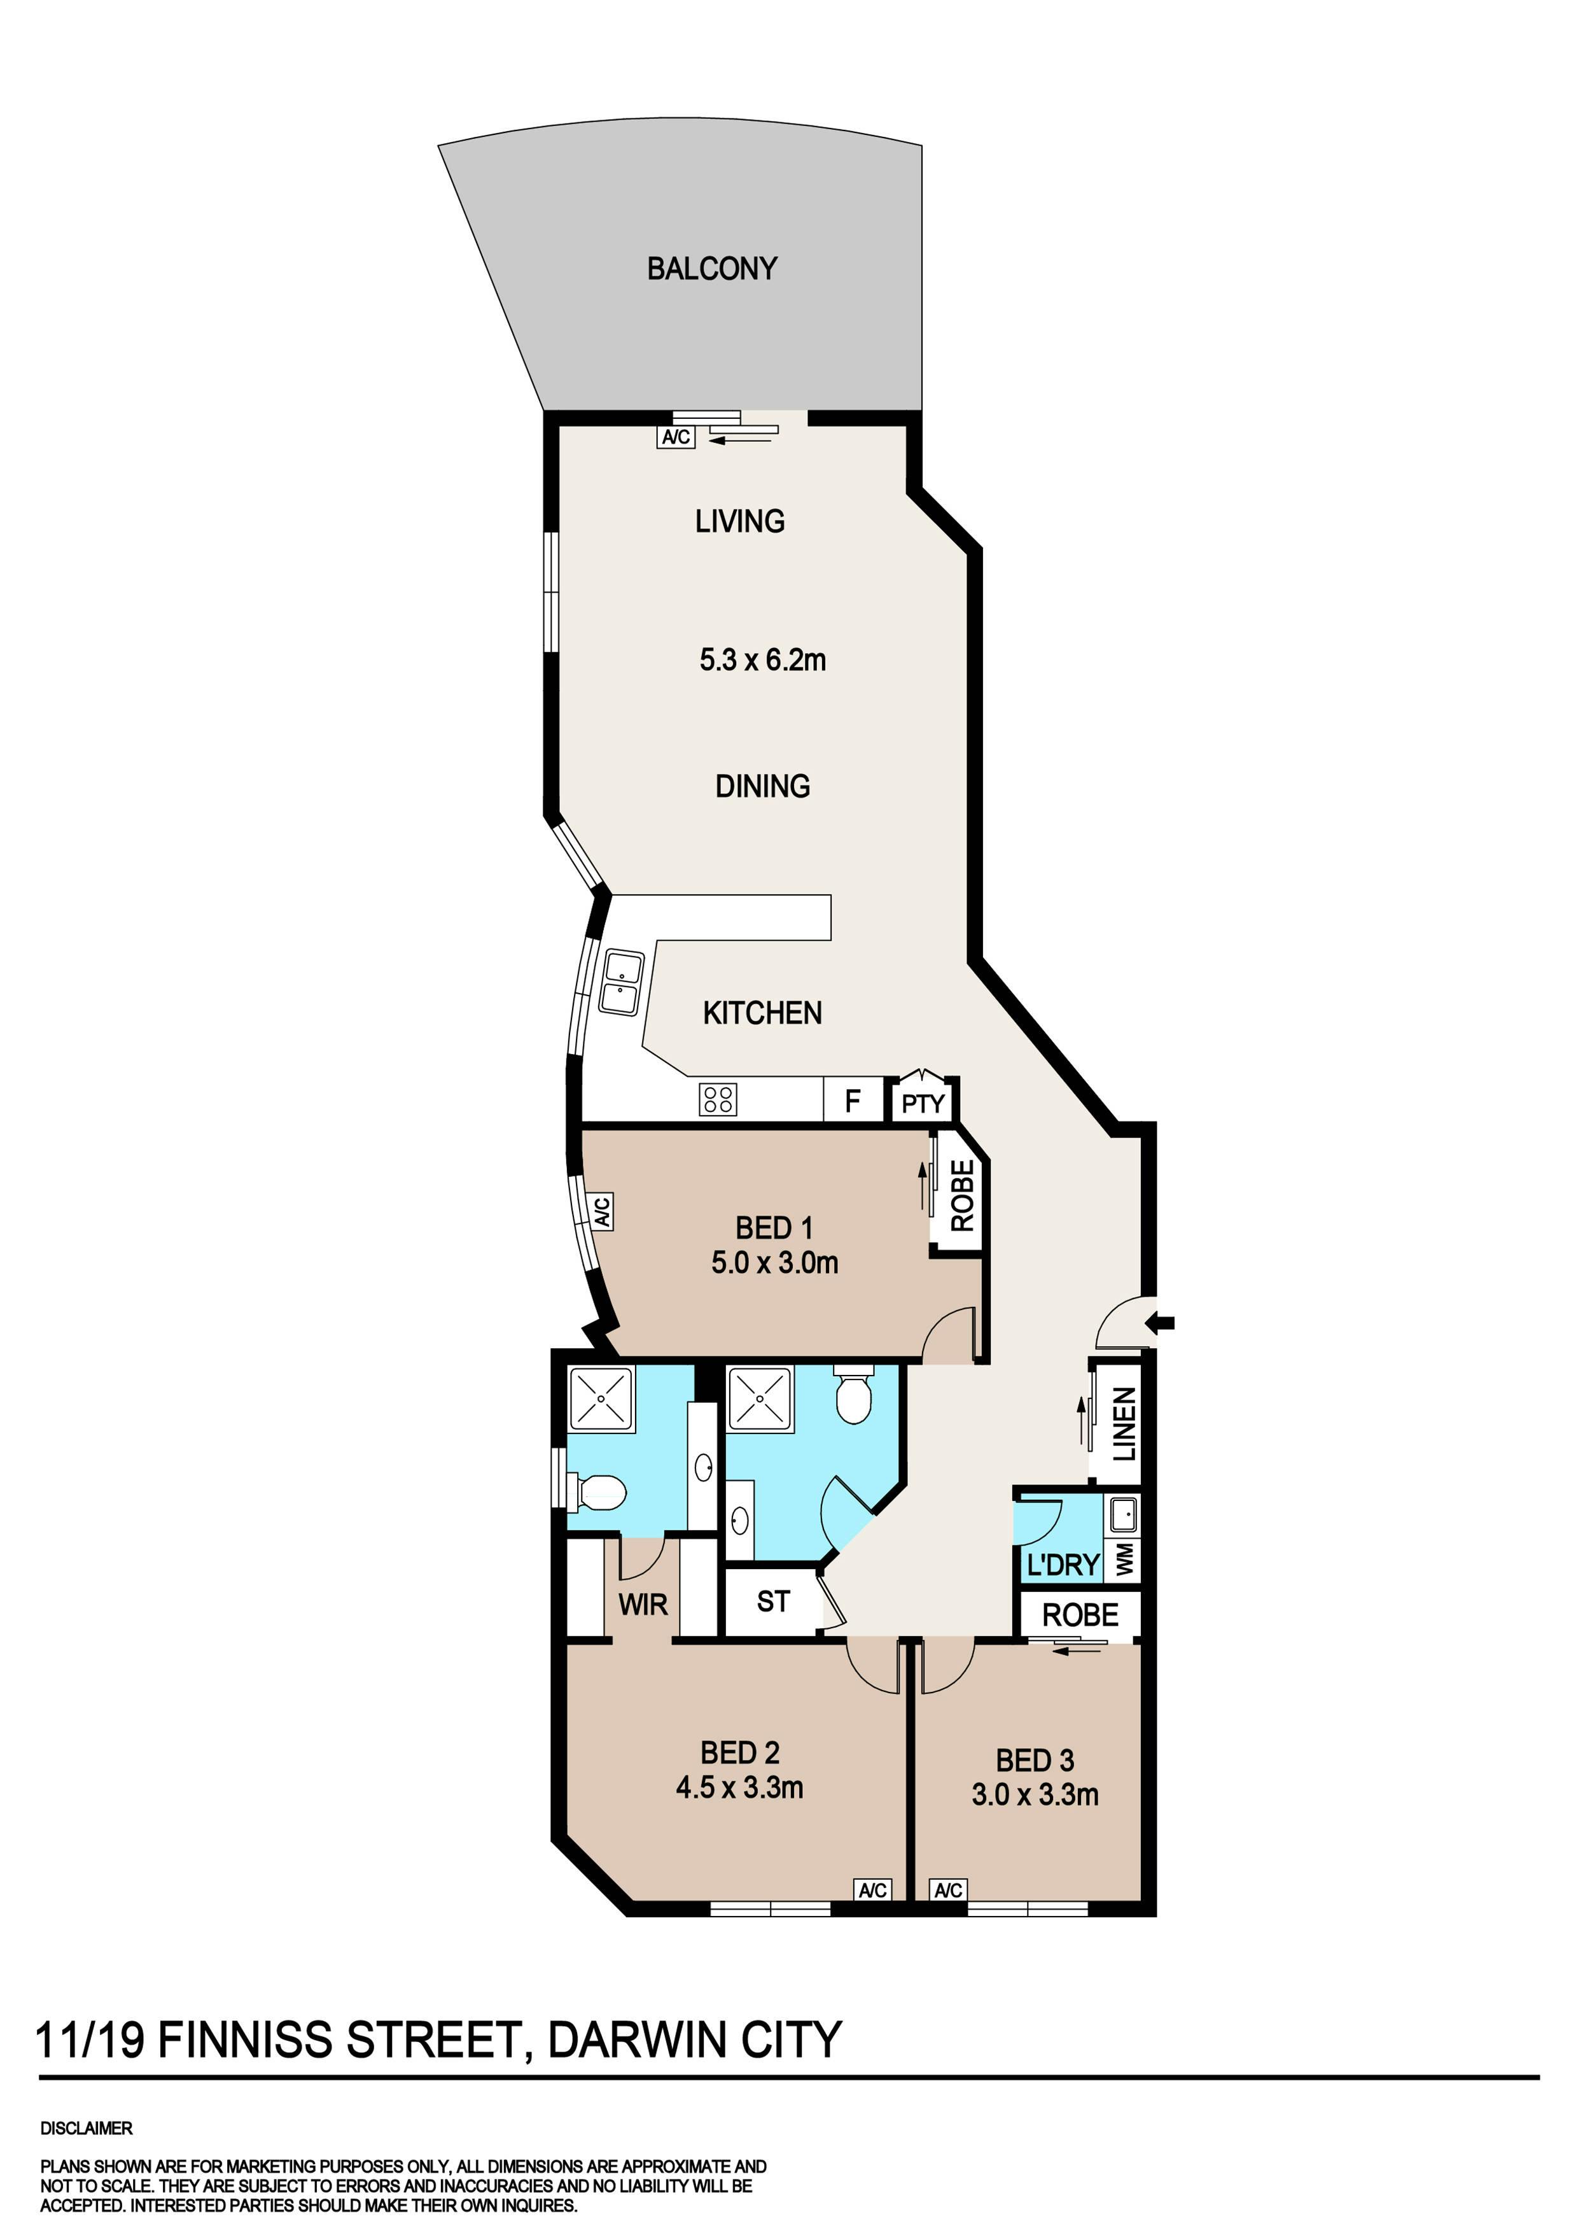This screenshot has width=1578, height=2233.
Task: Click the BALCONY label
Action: (712, 269)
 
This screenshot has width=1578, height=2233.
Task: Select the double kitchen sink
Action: (621, 982)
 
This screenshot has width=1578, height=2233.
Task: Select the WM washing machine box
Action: (1124, 1560)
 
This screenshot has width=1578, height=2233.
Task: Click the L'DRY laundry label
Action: (1063, 1565)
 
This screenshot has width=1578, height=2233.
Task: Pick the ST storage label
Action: (773, 1601)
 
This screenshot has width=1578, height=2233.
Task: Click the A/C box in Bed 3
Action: (948, 1890)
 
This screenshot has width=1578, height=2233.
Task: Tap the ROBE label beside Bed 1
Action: (961, 1195)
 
